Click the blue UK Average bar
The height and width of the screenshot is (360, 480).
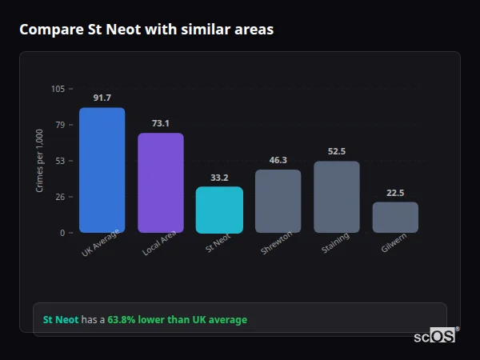pos(102,170)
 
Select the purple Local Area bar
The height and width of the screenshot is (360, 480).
pos(161,183)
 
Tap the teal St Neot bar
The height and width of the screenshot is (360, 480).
pos(219,210)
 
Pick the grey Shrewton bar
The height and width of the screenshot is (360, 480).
pos(278,201)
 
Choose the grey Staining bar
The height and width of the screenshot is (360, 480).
pos(337,197)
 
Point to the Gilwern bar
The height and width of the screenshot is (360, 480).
pos(395,217)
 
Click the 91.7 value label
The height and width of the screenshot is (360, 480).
pos(102,98)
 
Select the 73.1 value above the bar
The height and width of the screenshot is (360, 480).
pos(161,123)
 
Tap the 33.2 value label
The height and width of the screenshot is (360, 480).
pos(219,178)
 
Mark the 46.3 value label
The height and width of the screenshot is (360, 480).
pos(278,160)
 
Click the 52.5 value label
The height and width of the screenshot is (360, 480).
pos(337,151)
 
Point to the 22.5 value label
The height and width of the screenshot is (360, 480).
pos(395,192)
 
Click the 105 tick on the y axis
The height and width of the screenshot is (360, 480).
pos(58,89)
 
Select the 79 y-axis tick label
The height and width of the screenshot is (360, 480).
pos(59,125)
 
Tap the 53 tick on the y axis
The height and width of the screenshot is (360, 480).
pos(59,161)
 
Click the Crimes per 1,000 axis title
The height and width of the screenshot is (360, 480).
pos(40,161)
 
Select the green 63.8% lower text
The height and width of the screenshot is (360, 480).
pos(177,320)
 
